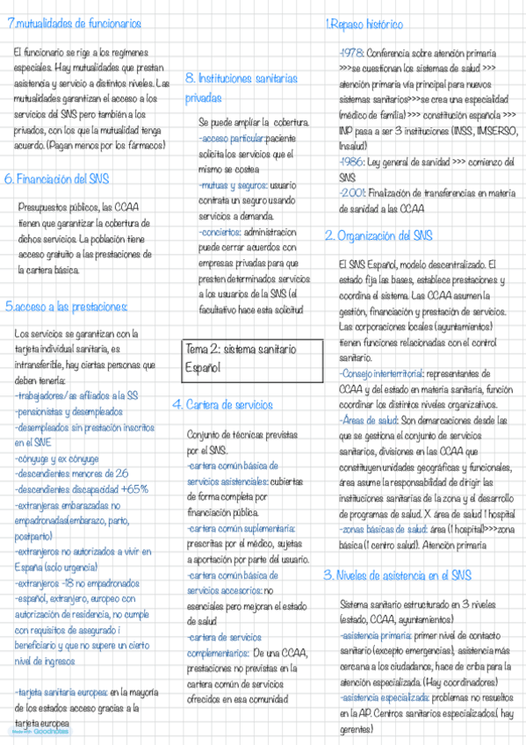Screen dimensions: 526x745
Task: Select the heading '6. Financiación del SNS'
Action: [x=57, y=178]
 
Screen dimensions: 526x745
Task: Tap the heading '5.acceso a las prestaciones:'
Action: [x=67, y=307]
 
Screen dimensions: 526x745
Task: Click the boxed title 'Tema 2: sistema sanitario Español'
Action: [x=252, y=360]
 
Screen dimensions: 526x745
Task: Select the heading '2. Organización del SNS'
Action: [x=378, y=235]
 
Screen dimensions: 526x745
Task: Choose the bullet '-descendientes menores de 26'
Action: [x=71, y=473]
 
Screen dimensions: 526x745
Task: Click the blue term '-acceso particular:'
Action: [x=231, y=139]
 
